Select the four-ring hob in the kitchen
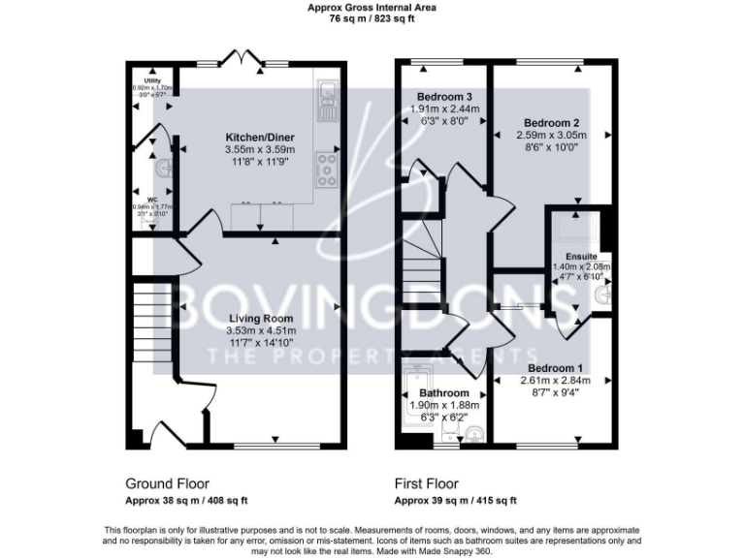click(325, 170)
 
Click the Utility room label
click(151, 81)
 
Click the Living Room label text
click(260, 318)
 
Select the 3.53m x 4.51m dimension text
click(260, 330)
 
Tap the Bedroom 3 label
click(443, 97)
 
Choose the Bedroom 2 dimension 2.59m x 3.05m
click(551, 136)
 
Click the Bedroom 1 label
click(556, 368)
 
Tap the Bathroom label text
click(443, 393)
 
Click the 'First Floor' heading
click(427, 483)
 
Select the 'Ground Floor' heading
click(167, 483)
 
